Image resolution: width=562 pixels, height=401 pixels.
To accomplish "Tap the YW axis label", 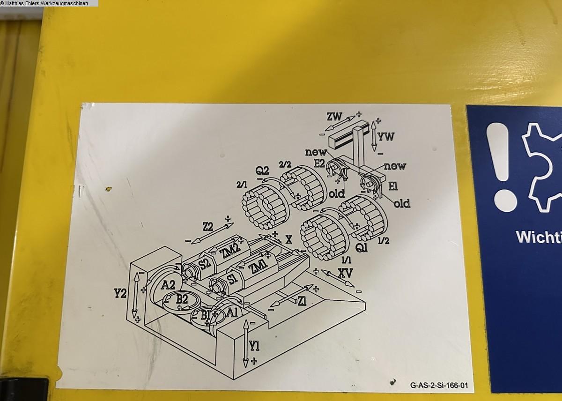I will pos(386,137).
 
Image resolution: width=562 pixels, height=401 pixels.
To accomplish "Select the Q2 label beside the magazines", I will pos(262,170).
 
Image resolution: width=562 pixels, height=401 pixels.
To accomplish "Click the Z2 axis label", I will pos(208,227).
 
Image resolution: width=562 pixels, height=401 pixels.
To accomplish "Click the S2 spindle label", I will pos(204,264).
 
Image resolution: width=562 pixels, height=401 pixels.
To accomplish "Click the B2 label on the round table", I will pos(182,300).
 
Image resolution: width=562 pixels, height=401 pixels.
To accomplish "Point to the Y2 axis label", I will pos(120,294).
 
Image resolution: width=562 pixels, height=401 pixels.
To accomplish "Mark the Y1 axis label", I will pos(254,346).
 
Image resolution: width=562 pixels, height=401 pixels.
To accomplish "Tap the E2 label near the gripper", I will pos(319,163).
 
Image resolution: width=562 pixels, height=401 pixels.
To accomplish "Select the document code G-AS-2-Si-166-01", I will pos(439,386).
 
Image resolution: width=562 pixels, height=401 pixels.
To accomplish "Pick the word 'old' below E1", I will pos(401,203).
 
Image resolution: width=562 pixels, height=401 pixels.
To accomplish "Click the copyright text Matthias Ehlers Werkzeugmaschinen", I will pos(49,3).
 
